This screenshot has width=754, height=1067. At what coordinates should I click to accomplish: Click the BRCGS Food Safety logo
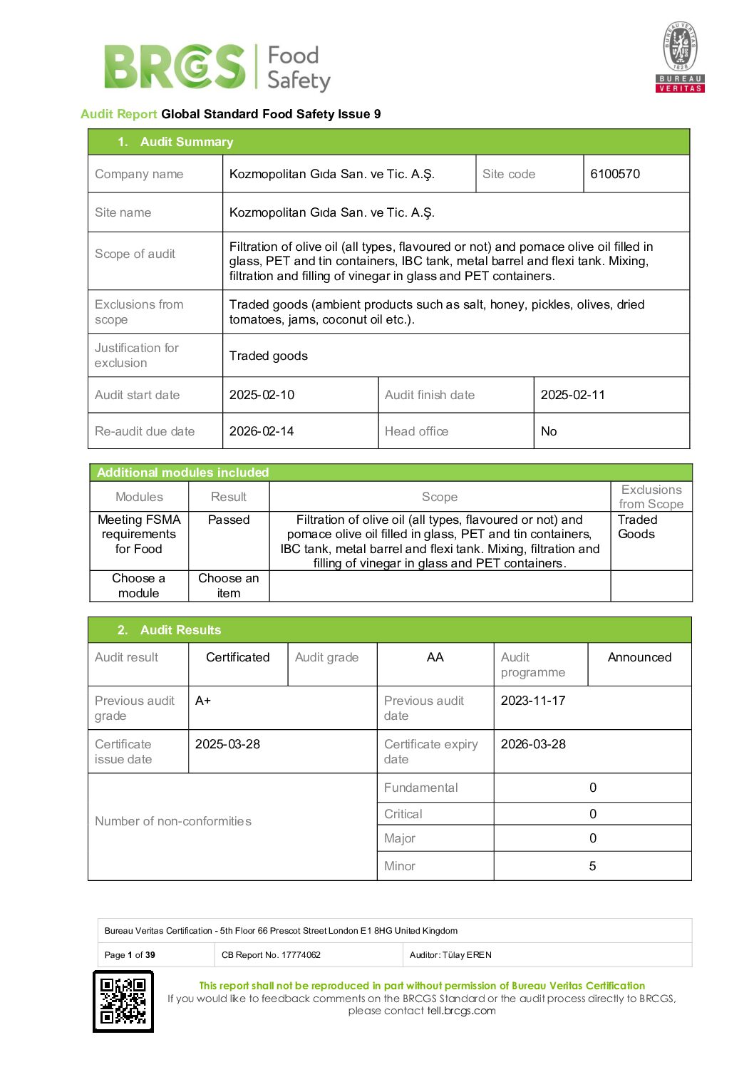[217, 68]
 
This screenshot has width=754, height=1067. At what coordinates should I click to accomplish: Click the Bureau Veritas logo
[680, 57]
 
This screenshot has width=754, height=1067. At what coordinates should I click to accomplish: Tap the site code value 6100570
[615, 174]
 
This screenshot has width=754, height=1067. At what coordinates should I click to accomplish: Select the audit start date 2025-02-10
[262, 395]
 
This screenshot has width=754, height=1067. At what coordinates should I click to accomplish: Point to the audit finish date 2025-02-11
[572, 395]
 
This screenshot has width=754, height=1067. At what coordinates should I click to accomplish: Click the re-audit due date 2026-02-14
[262, 431]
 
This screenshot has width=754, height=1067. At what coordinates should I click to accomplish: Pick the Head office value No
[549, 431]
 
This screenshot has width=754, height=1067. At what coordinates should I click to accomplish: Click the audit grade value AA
[435, 657]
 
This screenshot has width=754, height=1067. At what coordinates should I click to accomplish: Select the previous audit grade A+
[203, 701]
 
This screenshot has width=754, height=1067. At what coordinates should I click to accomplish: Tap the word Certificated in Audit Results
[237, 657]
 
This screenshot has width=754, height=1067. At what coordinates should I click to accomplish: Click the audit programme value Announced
[639, 657]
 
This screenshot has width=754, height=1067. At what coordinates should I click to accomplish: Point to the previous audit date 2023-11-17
[533, 701]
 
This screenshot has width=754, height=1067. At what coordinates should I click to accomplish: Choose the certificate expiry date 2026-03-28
[533, 744]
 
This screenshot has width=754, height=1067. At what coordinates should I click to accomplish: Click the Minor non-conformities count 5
[592, 866]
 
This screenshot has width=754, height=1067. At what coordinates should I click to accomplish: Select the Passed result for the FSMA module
[229, 520]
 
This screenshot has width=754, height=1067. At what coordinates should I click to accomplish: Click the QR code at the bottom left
[123, 1001]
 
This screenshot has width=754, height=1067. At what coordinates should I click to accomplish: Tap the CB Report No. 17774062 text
[271, 955]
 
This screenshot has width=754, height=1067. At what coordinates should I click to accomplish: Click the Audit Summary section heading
[186, 142]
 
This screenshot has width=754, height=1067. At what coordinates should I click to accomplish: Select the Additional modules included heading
[182, 473]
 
